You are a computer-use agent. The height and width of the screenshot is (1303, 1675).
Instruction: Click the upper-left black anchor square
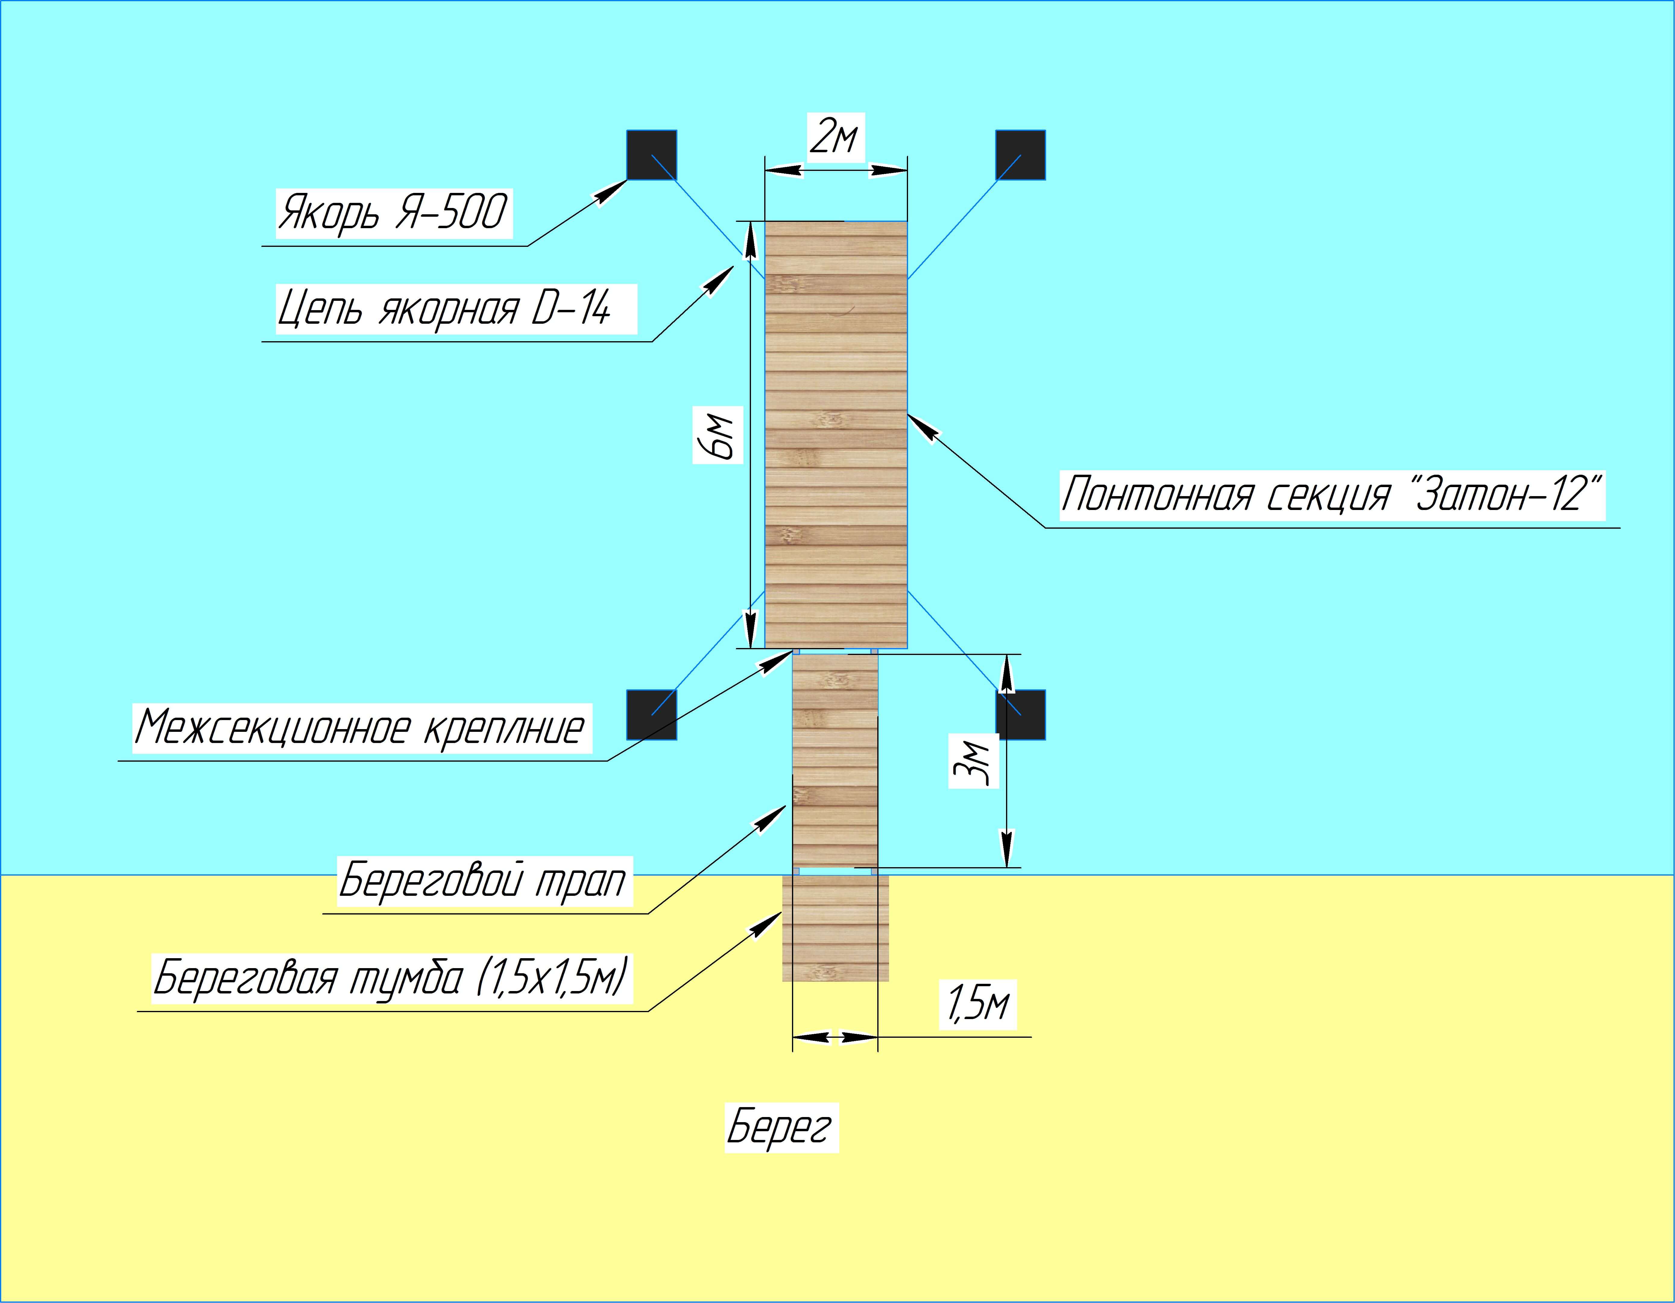tap(652, 155)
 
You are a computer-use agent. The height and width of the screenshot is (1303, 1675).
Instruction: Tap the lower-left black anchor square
tap(652, 715)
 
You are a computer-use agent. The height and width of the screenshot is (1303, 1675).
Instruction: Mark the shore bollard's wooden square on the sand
tap(835, 928)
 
